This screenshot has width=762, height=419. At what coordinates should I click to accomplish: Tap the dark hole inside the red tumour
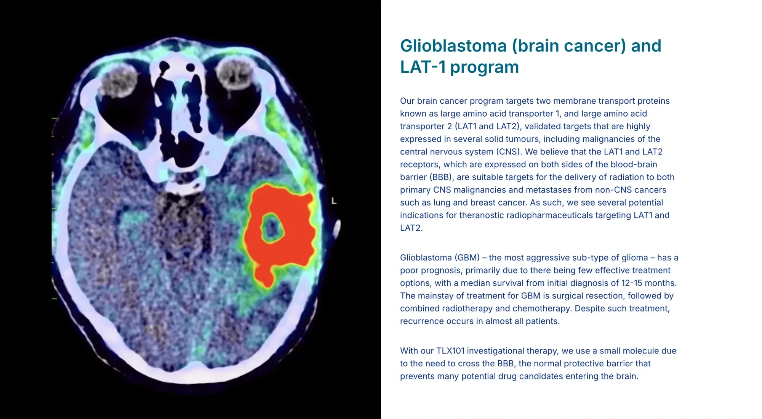(x=272, y=228)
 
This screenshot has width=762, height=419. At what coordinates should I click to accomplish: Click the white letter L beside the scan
(x=334, y=201)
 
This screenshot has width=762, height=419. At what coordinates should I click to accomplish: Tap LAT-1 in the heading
(x=423, y=67)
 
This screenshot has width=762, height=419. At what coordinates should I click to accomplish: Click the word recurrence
(x=421, y=321)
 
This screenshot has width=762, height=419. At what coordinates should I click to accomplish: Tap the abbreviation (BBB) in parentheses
(x=442, y=177)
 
